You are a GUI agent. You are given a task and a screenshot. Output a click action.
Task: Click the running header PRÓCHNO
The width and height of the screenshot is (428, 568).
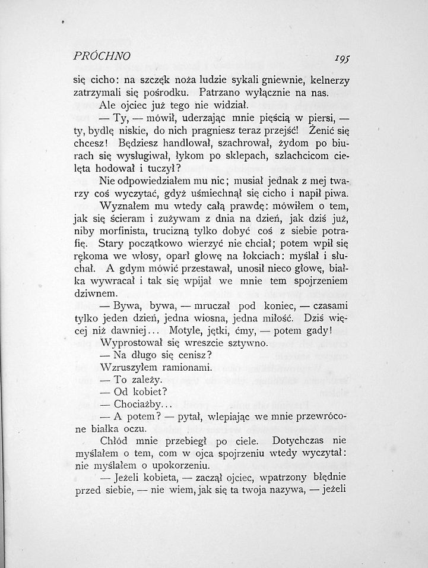point(102,57)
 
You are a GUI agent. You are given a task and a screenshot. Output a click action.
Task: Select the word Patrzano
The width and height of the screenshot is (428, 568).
point(221,92)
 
